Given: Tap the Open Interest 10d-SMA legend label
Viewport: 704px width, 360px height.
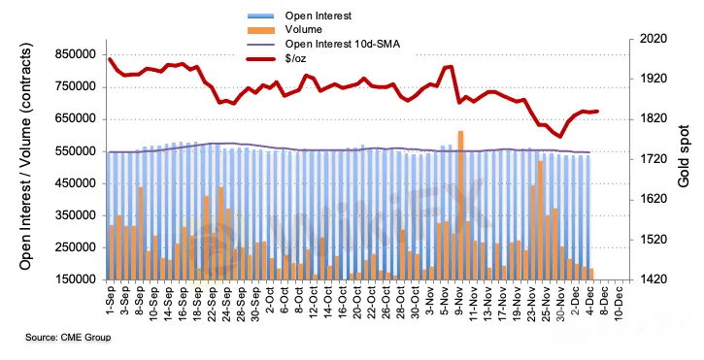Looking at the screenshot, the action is point(342,44).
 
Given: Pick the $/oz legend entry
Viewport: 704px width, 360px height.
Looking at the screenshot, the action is point(295,58).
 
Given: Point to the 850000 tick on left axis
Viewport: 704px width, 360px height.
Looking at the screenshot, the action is point(76,54).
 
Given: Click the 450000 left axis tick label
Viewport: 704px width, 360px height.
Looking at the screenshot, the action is point(76,183).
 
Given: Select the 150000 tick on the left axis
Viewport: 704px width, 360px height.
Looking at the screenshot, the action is point(76,279).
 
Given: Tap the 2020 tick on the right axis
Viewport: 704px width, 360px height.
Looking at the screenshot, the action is point(654,39).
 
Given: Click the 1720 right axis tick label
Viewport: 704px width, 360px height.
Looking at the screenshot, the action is point(654,159).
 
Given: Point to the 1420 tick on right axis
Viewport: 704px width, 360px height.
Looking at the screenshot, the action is point(654,279).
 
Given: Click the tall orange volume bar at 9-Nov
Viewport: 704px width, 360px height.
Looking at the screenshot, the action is point(460,205).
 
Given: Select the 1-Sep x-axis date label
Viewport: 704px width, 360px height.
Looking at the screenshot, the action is point(111,299).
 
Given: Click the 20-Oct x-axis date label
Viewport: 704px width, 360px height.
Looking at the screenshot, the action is point(356,301).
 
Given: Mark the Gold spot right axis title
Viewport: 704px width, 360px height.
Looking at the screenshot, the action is point(684,156).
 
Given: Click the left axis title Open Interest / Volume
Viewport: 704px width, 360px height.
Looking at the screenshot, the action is point(26,156).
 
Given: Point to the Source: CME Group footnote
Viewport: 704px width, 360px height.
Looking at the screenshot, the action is point(68,337).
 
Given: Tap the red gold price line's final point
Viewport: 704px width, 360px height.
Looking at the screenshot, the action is point(597,112).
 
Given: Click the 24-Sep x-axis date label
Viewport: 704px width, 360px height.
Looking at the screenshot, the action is point(226,301).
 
